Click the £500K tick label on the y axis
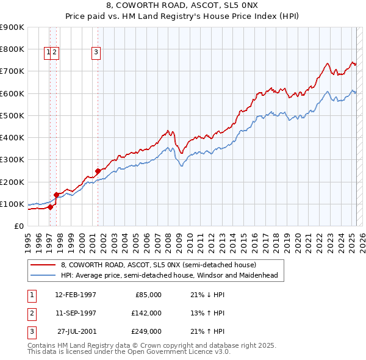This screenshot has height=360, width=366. click(x=12, y=115)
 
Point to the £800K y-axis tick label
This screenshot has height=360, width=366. click(x=12, y=49)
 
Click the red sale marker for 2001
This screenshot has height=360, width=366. click(x=98, y=171)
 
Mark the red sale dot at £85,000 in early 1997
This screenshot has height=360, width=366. click(x=50, y=207)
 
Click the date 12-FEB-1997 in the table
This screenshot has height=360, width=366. click(x=76, y=295)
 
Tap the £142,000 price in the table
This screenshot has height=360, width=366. click(x=146, y=313)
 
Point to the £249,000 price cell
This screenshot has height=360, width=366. click(x=146, y=331)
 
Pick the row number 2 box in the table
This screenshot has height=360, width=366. click(x=31, y=313)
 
